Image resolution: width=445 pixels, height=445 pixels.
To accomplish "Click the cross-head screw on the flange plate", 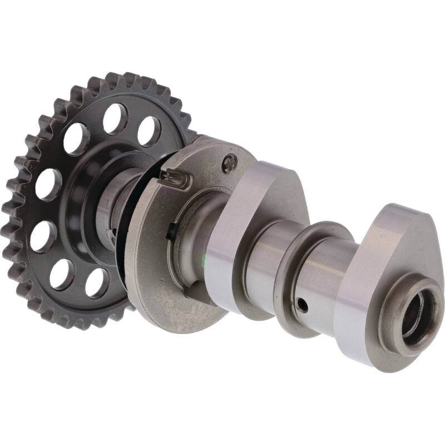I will pos(229,162).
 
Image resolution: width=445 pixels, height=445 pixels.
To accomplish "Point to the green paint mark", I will pos(205,257).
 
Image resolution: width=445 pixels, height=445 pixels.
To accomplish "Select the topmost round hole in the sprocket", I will pos(115,118).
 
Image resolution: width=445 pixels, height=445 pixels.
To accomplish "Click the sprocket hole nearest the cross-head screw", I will pos(149,131).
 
